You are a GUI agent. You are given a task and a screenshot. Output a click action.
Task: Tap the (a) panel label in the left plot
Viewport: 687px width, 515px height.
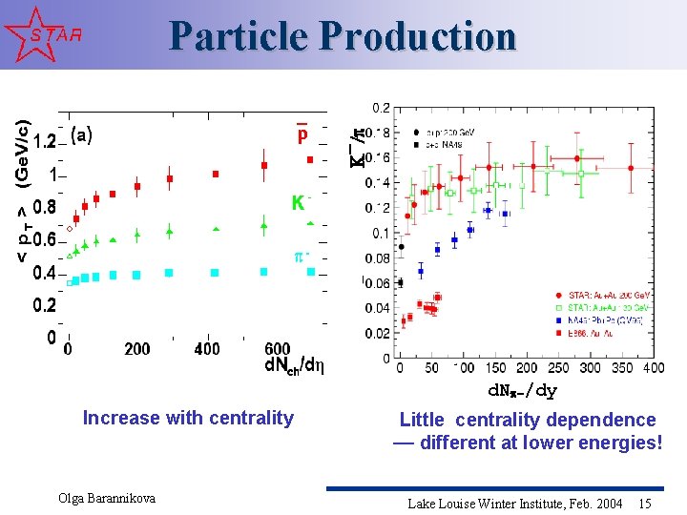click(x=82, y=135)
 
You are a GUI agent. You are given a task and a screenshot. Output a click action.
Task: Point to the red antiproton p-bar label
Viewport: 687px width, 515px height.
click(x=302, y=134)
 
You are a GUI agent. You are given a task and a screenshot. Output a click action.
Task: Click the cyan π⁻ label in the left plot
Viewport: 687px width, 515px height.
click(x=302, y=256)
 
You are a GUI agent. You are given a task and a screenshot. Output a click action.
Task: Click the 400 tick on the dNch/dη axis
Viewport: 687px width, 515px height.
click(x=207, y=349)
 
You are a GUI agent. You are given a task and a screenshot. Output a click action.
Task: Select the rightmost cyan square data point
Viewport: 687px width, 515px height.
click(x=311, y=272)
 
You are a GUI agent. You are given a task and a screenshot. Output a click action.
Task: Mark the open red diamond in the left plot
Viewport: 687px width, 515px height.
click(x=70, y=229)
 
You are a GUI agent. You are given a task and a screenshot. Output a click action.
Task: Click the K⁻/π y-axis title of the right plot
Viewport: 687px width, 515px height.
click(x=357, y=149)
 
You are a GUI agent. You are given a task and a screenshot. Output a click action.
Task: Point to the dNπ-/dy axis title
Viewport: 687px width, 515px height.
click(x=523, y=390)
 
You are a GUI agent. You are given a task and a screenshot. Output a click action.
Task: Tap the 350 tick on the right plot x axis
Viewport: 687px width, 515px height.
click(x=621, y=368)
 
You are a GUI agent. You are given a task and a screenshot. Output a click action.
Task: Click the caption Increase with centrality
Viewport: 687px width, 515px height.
click(x=188, y=418)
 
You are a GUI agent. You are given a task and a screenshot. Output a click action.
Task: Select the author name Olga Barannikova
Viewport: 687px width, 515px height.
click(x=107, y=499)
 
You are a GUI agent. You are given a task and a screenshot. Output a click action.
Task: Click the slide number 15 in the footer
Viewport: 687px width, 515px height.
click(x=645, y=503)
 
